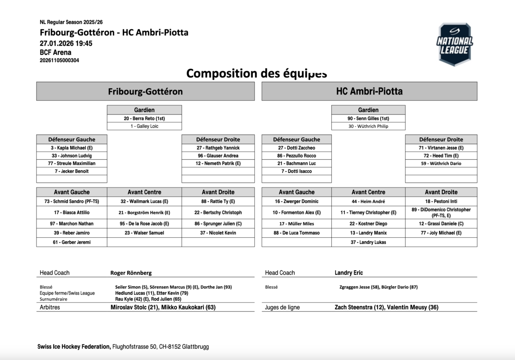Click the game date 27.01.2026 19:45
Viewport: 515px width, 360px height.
tap(66, 43)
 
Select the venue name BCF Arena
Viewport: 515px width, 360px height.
tap(55, 52)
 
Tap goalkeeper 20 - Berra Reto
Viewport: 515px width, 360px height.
tap(144, 118)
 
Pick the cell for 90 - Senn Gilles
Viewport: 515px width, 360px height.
tap(368, 118)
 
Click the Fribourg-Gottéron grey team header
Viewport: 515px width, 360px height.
tap(145, 91)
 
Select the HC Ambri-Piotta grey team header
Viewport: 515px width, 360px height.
tap(369, 91)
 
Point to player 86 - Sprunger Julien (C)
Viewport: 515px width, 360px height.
tap(218, 224)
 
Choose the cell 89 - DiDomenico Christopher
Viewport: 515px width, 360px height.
tap(441, 212)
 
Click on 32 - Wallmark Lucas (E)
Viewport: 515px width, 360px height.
tap(144, 201)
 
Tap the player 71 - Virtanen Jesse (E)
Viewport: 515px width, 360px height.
tap(441, 148)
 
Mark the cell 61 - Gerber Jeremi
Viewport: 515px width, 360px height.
tap(72, 242)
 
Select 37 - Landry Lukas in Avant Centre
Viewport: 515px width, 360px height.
tap(368, 242)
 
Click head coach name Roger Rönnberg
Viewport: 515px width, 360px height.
tap(131, 273)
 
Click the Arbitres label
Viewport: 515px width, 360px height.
tap(50, 307)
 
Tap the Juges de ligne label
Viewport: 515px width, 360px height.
tap(282, 307)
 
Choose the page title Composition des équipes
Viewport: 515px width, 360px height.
tap(257, 73)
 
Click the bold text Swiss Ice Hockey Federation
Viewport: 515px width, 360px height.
tap(74, 347)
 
